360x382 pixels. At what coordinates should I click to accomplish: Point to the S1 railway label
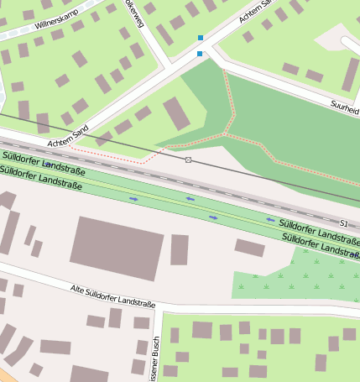[343, 222]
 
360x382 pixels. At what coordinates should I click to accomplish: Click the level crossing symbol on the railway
[189, 160]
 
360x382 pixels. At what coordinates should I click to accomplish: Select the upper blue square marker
[200, 38]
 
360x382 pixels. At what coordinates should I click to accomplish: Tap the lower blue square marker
[200, 54]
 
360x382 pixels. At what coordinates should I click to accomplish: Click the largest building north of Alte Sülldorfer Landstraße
[117, 248]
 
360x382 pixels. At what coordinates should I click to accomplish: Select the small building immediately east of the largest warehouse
[180, 249]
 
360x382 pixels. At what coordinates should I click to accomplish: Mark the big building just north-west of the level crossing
[176, 113]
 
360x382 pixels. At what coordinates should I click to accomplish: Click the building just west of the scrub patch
[249, 247]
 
